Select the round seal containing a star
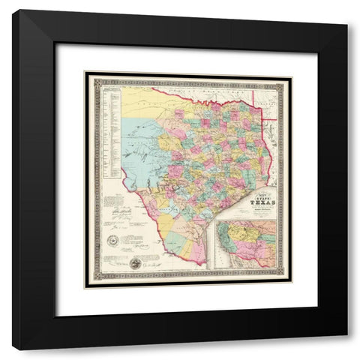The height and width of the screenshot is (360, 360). [x=114, y=239]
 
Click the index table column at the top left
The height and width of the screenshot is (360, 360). [x=112, y=127]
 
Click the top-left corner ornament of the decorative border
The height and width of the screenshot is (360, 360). [x=89, y=76]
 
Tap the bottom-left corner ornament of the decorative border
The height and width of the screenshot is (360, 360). [x=89, y=275]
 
